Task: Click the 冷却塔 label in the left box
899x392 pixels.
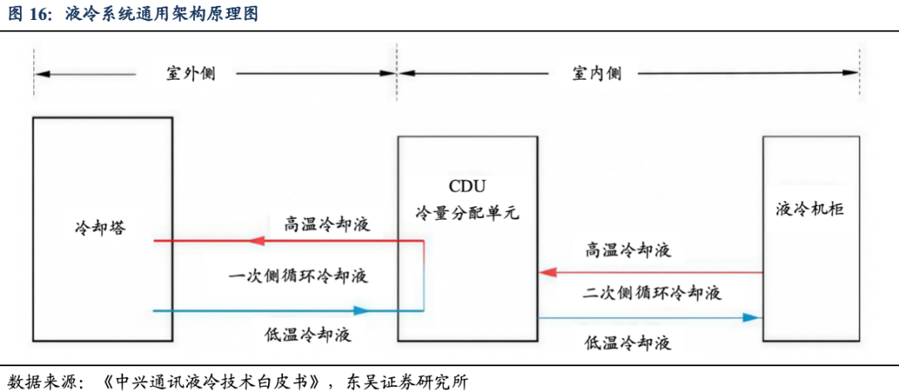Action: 101,228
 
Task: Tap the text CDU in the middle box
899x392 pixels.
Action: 467,186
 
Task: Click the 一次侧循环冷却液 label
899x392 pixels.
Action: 298,276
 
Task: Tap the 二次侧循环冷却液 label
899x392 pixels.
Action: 652,294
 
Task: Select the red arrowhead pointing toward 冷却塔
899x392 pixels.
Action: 256,241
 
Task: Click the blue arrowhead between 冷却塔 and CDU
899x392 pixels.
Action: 361,311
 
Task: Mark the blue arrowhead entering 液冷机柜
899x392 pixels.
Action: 752,317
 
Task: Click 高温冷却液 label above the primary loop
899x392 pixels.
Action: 327,224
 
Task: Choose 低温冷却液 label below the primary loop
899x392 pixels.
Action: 308,334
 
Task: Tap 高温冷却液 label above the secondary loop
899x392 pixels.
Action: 628,251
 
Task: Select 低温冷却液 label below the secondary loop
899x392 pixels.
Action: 628,343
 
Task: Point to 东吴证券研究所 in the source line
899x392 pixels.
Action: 407,381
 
